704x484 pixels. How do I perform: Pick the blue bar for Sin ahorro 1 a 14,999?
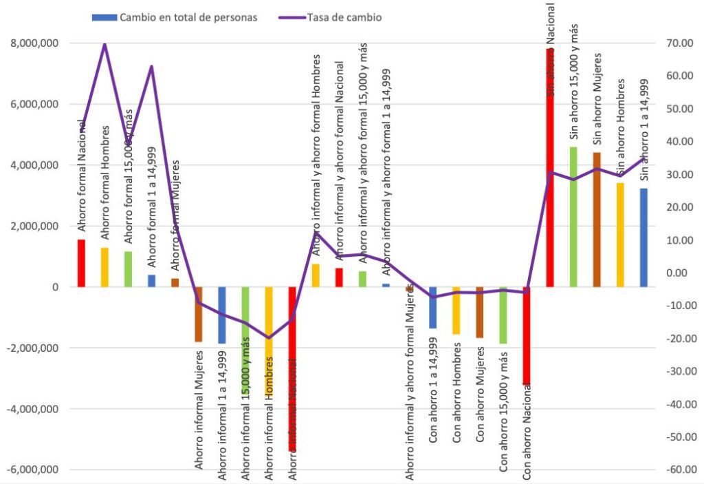point(643,238)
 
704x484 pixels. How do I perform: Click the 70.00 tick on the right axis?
point(675,43)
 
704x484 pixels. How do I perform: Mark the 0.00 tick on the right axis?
point(676,273)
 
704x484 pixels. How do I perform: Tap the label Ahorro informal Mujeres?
point(199,410)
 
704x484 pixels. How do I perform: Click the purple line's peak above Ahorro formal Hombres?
point(104,44)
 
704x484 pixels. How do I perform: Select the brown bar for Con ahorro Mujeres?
point(480,313)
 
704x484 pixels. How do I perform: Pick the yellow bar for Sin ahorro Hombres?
point(620,235)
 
